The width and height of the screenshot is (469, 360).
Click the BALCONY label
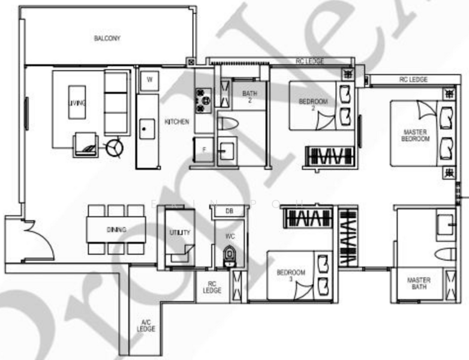[107, 38]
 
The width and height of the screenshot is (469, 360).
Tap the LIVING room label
[77, 104]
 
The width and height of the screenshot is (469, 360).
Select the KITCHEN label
[177, 122]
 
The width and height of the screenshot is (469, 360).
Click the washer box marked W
[149, 79]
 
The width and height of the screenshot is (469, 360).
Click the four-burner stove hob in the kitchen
[201, 100]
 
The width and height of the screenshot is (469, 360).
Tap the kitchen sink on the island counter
[145, 127]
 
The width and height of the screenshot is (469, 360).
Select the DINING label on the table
[116, 230]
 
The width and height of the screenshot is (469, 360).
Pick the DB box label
[229, 211]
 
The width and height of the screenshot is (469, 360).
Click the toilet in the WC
[229, 256]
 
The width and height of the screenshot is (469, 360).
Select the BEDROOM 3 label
[291, 275]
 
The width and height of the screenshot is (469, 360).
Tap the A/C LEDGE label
[146, 325]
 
